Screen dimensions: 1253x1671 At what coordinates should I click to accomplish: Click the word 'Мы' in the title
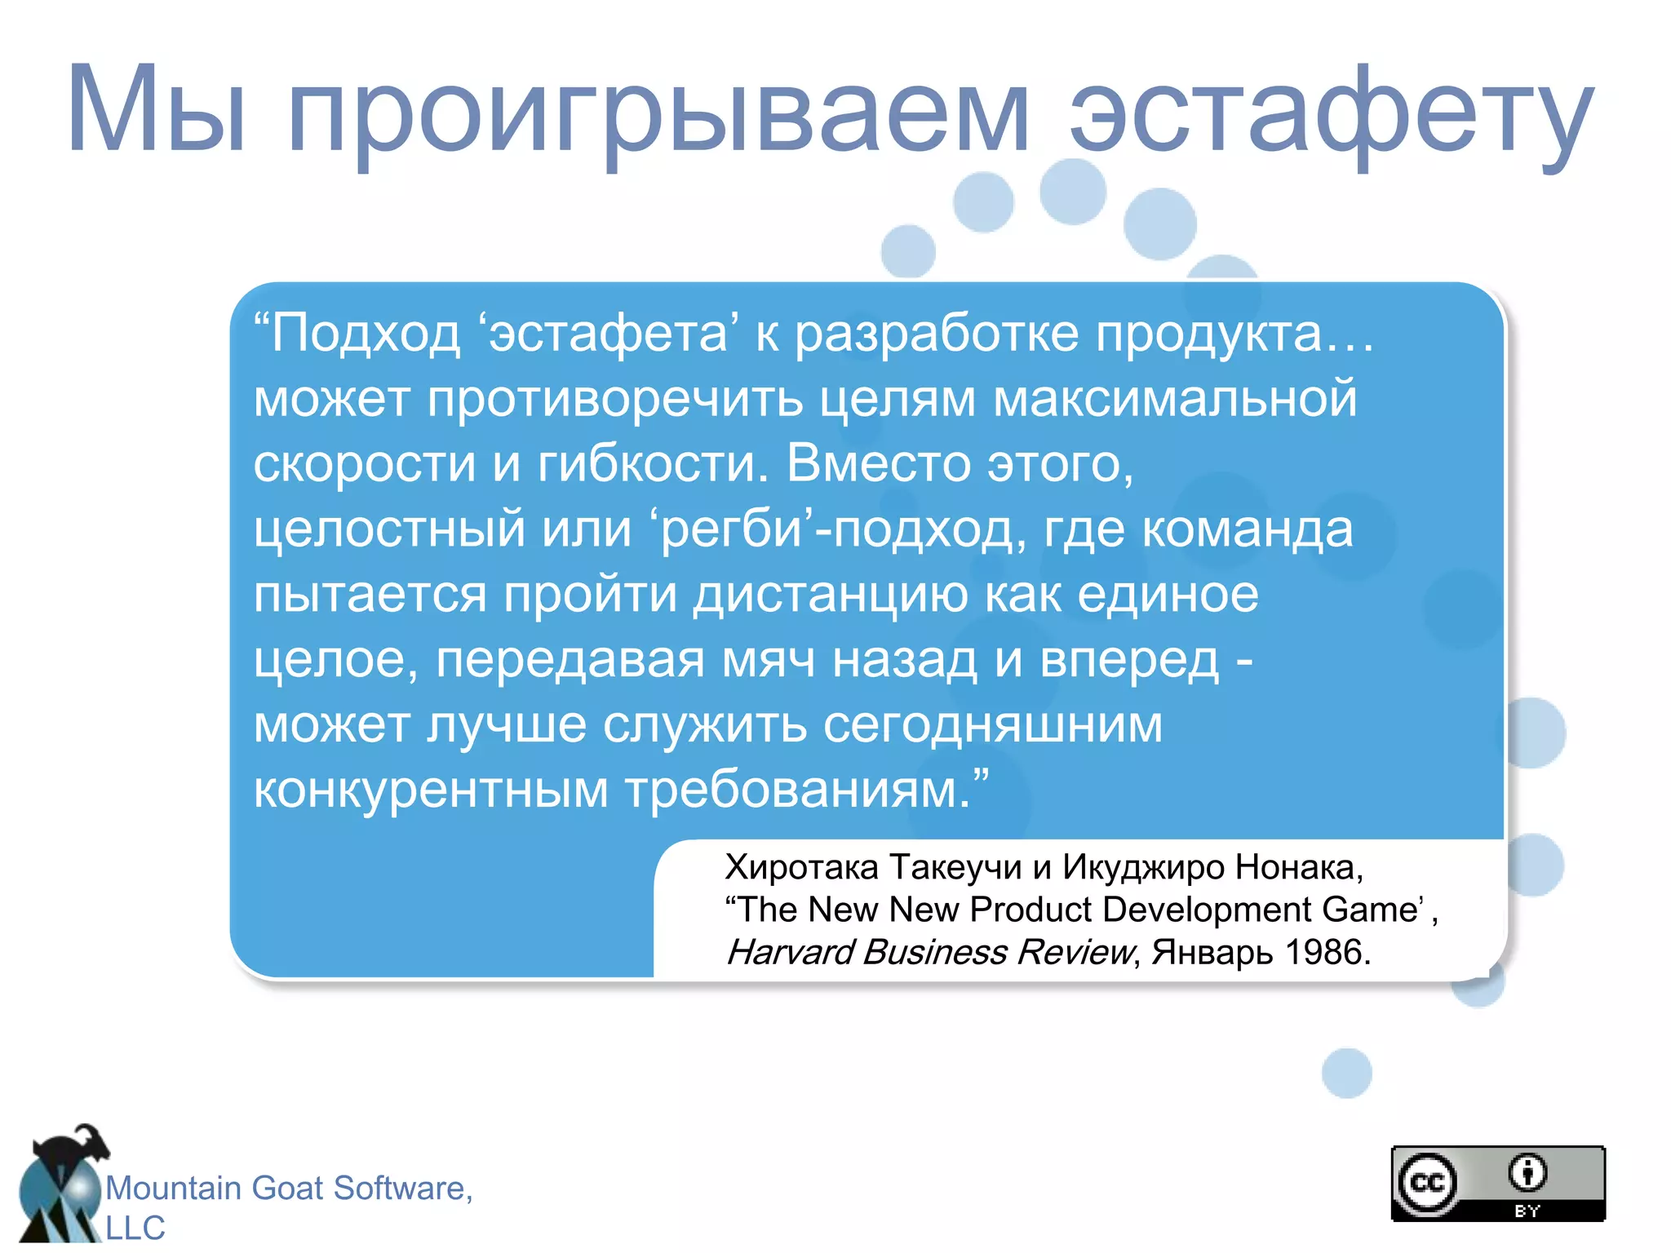pos(155,110)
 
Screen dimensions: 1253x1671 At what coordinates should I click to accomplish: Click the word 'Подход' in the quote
pos(366,335)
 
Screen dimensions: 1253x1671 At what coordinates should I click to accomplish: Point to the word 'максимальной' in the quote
pos(1175,399)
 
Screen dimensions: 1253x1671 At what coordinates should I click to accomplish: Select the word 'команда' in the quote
pos(1248,529)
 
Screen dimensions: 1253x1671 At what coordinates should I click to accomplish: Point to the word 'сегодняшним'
pos(992,725)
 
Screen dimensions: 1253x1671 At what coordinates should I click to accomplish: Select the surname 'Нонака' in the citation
pos(1298,867)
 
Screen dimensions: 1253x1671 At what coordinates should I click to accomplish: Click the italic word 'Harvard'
pos(790,952)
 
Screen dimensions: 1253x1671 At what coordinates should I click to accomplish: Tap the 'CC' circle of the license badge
pos(1426,1183)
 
